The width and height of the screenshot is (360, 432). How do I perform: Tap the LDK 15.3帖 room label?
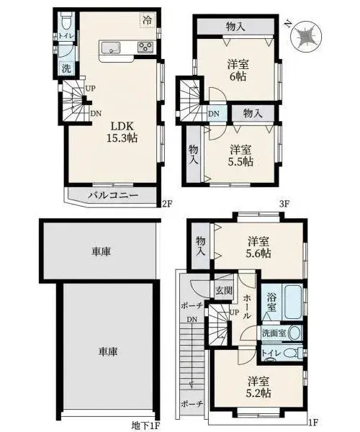(122, 132)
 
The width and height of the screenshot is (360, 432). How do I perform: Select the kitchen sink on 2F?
(111, 48)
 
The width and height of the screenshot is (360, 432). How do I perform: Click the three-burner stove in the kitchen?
(145, 47)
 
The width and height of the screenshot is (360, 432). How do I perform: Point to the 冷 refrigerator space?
(148, 19)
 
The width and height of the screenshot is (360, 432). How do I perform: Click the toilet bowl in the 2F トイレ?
(66, 22)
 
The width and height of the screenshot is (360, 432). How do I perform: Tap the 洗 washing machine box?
(66, 68)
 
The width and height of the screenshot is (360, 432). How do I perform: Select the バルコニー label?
(112, 196)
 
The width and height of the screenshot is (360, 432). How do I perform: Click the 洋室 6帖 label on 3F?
(238, 71)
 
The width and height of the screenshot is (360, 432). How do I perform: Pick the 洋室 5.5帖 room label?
(240, 156)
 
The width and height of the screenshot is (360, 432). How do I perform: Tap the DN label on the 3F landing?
(214, 114)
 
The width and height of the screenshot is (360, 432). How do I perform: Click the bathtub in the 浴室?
(293, 302)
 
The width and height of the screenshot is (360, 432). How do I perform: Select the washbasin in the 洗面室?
(294, 333)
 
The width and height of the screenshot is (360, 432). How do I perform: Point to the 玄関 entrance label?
(224, 290)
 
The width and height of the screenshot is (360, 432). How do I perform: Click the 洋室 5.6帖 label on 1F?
(258, 247)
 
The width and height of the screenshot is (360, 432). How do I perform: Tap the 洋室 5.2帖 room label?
(258, 387)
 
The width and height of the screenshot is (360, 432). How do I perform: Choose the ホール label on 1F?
(247, 306)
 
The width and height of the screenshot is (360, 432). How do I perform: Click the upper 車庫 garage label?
(101, 251)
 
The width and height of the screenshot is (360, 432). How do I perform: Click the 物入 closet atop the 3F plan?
(235, 27)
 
